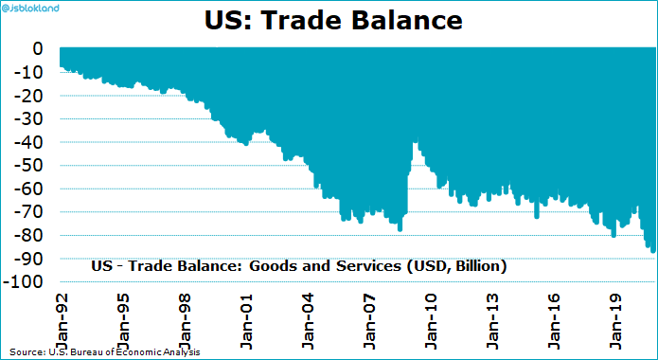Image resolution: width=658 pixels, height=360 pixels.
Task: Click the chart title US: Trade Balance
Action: pyautogui.click(x=329, y=20)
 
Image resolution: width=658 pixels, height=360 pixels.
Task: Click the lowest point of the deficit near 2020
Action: pyautogui.click(x=652, y=251)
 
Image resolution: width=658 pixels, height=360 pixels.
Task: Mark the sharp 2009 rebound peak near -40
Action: pyautogui.click(x=416, y=143)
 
